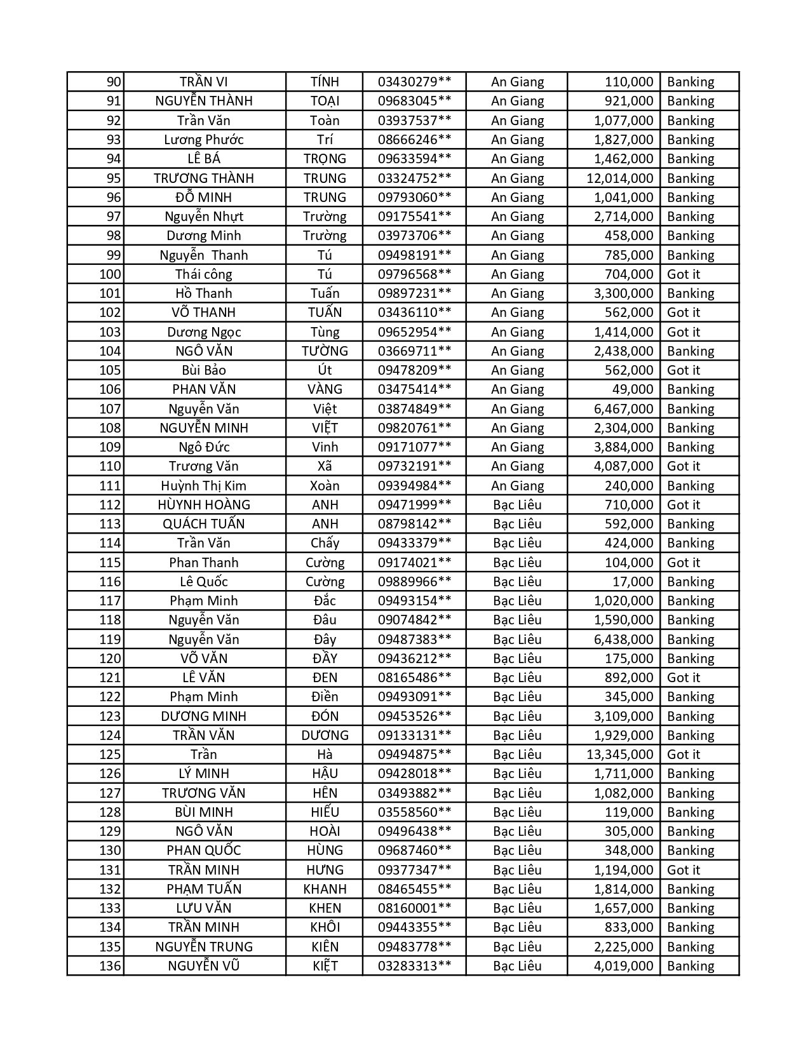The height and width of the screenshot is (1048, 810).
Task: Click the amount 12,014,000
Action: [x=619, y=178]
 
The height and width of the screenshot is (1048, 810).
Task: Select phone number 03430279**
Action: [x=414, y=82]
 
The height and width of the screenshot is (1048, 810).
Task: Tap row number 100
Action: [x=110, y=274]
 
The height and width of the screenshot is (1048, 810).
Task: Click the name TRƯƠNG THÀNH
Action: [x=203, y=178]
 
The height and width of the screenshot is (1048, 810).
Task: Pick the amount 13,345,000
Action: [x=619, y=755]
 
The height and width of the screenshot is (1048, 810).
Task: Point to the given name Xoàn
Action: [x=325, y=486]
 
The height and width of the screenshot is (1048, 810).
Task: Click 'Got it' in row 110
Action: [x=683, y=466]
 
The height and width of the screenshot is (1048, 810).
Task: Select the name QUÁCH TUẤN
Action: [x=203, y=524]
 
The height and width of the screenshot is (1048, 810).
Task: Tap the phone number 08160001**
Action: [x=414, y=908]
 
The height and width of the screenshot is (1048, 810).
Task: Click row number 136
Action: [x=110, y=966]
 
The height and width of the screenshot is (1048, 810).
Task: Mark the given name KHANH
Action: [x=325, y=889]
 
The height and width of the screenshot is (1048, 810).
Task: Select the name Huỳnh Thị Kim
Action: [x=203, y=486]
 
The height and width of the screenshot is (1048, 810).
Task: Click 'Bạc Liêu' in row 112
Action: [x=517, y=505]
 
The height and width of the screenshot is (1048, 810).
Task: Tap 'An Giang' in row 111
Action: [x=517, y=486]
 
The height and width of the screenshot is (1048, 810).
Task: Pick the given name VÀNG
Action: [x=325, y=389]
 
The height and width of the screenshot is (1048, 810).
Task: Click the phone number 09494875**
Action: [x=414, y=755]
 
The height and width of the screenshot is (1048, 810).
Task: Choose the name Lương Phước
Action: [x=203, y=140]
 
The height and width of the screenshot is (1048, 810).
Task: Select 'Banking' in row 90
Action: [x=691, y=82]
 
